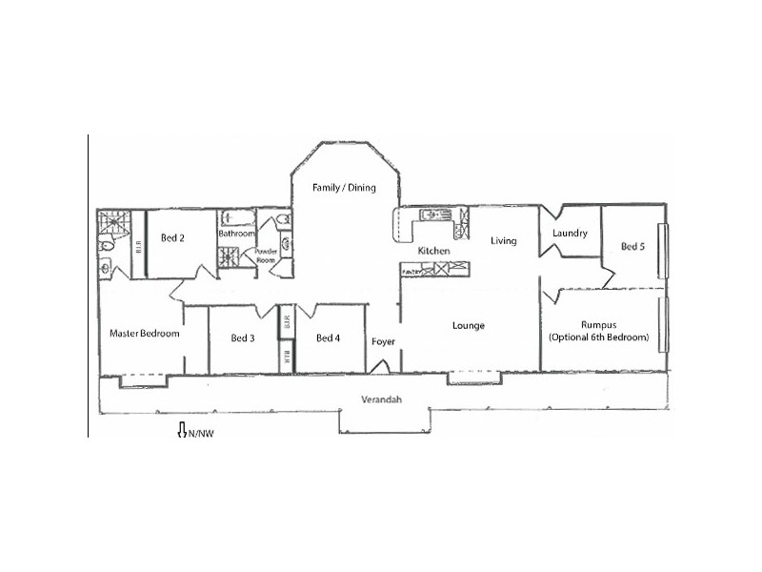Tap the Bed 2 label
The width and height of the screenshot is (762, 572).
(171, 238)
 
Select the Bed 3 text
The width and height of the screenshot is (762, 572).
(243, 337)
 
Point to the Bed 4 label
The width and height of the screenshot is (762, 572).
(328, 337)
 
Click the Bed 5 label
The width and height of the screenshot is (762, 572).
(632, 246)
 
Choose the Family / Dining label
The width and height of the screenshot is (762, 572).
(345, 188)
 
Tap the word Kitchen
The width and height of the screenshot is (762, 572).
(433, 251)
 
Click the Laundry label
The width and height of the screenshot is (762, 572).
(570, 233)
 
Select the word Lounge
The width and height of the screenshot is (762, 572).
(469, 326)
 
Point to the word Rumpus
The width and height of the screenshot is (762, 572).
(599, 324)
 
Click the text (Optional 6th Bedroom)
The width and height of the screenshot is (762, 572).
(599, 337)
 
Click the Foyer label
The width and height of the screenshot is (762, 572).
(383, 341)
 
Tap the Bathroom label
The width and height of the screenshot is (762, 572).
(236, 234)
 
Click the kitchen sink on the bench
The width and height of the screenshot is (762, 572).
(431, 215)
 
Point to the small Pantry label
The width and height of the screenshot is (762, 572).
(411, 271)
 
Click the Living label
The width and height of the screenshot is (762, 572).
(504, 241)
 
